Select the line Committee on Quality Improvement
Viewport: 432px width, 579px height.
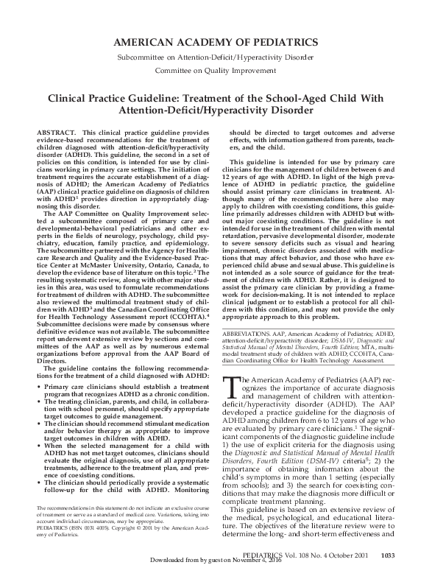point(216,72)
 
